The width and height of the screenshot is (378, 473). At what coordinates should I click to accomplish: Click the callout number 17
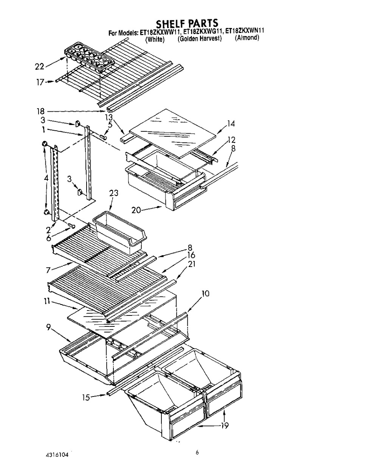pos(39,81)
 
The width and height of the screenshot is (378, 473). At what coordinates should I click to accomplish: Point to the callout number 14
pos(231,123)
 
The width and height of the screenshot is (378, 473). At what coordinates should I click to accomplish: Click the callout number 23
pos(113,194)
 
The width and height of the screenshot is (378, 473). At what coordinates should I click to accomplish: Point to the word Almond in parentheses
pos(247,38)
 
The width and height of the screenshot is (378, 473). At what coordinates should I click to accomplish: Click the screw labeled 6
pos(71,226)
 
